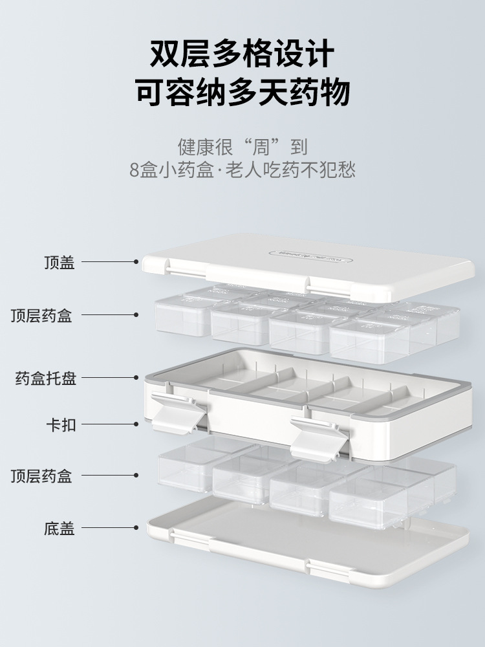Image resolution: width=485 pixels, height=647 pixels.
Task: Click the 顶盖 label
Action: [x=59, y=262]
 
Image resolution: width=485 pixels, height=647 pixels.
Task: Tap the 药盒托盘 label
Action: [x=46, y=378]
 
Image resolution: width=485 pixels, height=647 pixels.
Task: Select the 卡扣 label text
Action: [x=59, y=424]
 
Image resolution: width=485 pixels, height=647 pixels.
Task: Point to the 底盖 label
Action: [x=59, y=529]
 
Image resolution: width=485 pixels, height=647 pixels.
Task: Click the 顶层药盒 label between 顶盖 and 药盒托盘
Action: [x=41, y=315]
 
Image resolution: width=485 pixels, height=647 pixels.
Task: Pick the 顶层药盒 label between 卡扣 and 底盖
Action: [x=41, y=477]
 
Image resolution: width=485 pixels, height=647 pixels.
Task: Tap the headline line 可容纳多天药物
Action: [x=242, y=92]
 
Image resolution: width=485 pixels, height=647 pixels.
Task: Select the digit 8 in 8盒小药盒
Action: [x=134, y=170]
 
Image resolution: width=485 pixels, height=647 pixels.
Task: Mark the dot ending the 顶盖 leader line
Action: [x=136, y=262]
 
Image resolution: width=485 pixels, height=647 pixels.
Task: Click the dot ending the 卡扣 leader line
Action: [x=136, y=424]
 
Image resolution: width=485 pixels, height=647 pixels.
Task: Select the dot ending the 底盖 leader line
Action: [x=136, y=529]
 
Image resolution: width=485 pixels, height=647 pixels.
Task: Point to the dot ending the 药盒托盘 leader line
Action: [x=136, y=378]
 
